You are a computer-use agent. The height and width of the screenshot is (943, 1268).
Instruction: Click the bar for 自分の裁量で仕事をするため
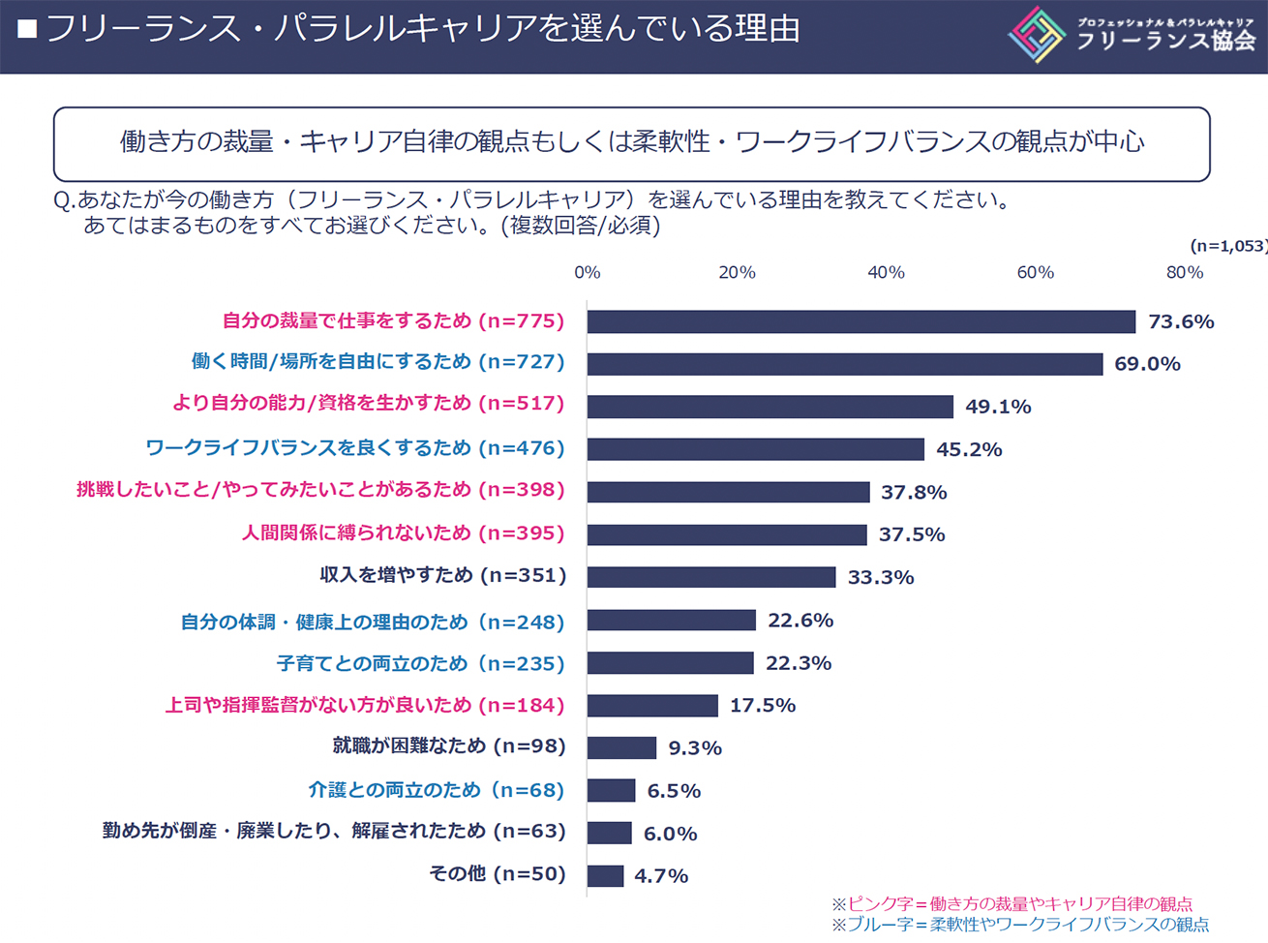[860, 321]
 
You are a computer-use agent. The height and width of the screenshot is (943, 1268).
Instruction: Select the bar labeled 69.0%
[844, 364]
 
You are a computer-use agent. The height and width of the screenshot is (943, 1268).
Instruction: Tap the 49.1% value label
[998, 407]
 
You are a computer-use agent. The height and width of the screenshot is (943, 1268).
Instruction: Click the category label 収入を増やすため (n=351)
[443, 575]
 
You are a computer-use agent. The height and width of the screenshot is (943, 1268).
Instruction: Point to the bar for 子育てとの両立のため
[670, 663]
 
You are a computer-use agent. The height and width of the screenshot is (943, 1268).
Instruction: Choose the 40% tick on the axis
[886, 273]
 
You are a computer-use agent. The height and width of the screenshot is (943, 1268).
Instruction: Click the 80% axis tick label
[1184, 273]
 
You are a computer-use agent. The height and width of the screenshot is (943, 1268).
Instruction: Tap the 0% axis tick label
[588, 273]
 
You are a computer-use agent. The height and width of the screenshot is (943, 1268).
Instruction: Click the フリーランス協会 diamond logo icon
[1036, 35]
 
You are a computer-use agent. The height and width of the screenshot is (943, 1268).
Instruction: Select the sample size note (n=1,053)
[1227, 246]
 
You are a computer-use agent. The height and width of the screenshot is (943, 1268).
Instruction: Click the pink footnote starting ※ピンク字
[1011, 903]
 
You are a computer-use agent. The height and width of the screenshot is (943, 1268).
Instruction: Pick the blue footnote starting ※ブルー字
[1020, 925]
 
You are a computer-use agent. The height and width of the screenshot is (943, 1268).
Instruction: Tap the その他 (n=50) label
[498, 874]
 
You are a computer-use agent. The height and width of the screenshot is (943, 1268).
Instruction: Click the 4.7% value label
[661, 876]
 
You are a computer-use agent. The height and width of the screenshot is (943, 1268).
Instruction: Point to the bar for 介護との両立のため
[611, 791]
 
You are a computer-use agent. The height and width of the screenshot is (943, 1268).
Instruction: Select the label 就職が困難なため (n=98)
[449, 746]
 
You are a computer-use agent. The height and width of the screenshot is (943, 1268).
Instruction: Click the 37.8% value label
[914, 493]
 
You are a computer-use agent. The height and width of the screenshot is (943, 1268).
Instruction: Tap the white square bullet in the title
[27, 30]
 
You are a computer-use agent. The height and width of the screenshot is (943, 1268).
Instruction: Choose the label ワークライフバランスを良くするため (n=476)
[355, 448]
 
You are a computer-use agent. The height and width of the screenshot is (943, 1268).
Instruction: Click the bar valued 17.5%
[652, 706]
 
